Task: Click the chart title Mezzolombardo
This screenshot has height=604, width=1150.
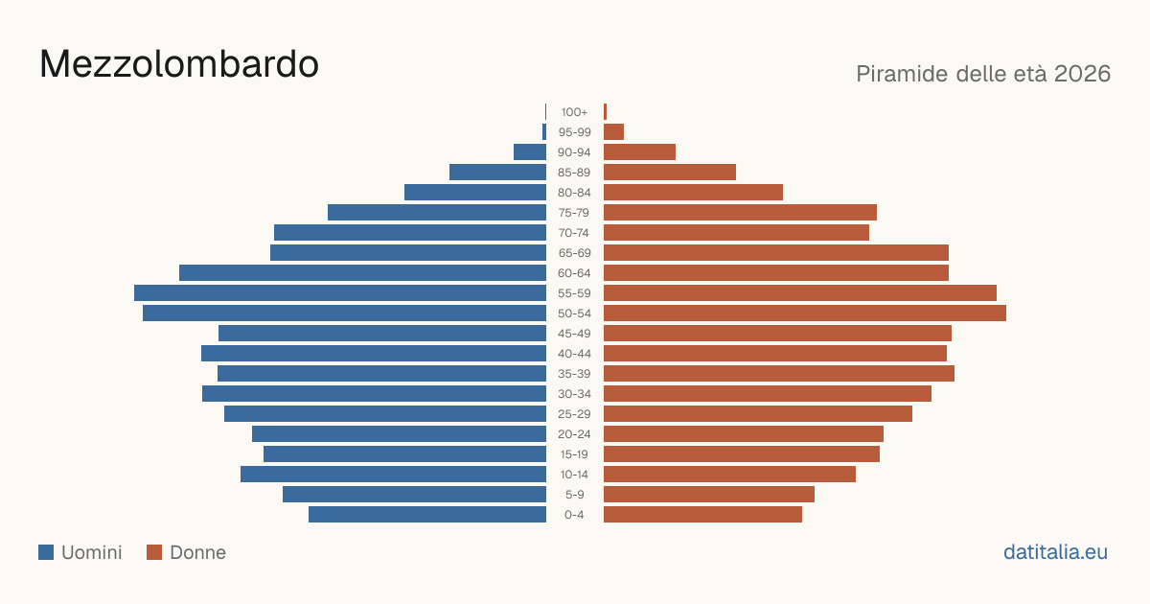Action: click(179, 64)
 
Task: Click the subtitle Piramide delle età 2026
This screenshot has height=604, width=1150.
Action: click(983, 74)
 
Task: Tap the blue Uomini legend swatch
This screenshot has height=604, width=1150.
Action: click(46, 552)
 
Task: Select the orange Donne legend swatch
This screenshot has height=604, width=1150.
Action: click(154, 552)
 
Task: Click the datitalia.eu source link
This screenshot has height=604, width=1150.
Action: click(1055, 552)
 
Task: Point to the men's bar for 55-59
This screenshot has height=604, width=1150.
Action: click(340, 292)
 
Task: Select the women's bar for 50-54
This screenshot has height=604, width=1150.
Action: click(805, 314)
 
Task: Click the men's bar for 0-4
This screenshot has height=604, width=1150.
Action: click(427, 515)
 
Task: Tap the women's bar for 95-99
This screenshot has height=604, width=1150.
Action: click(613, 132)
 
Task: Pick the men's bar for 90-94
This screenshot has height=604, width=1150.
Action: click(530, 152)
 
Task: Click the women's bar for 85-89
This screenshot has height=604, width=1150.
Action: click(670, 172)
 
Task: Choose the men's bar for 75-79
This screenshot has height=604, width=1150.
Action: click(437, 213)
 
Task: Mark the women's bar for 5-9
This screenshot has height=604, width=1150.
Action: click(709, 495)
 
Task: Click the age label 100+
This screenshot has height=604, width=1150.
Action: click(574, 112)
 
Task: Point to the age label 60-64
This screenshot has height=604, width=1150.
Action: click(574, 273)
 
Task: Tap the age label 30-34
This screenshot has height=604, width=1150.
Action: click(574, 394)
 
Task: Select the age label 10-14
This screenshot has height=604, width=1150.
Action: click(574, 475)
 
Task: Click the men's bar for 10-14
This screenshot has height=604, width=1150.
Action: click(393, 474)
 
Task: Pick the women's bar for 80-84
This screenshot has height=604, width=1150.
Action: click(693, 193)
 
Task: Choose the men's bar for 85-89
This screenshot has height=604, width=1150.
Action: click(497, 172)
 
